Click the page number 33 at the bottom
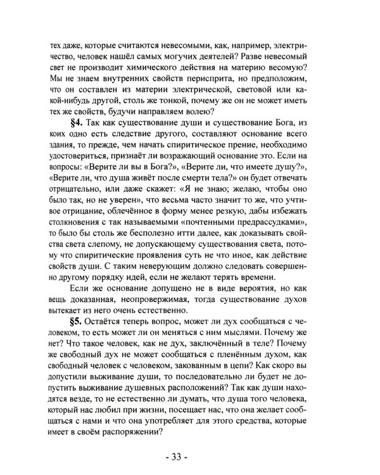[x=191, y=456]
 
